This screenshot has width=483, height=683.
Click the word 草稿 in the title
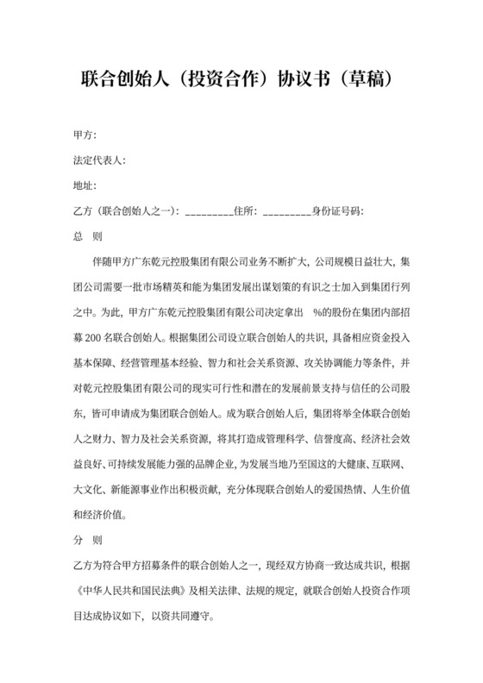(x=367, y=79)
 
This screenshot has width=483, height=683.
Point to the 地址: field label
(x=86, y=185)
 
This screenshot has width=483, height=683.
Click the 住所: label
(x=246, y=210)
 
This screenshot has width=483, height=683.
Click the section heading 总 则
(x=89, y=235)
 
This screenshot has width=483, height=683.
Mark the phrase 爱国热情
(x=339, y=490)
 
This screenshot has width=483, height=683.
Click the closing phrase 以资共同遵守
(x=197, y=617)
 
